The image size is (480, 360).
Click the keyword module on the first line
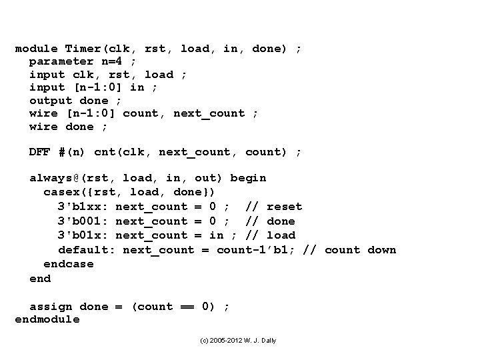[x=36, y=49]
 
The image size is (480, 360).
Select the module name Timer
[x=83, y=49]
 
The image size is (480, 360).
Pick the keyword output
[x=51, y=100]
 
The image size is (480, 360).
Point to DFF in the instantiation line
[x=40, y=152]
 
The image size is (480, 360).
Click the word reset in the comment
[x=284, y=207]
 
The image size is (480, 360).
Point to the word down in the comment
[x=381, y=250]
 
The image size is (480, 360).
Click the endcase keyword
[x=69, y=264]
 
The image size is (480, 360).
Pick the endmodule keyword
[x=47, y=319]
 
